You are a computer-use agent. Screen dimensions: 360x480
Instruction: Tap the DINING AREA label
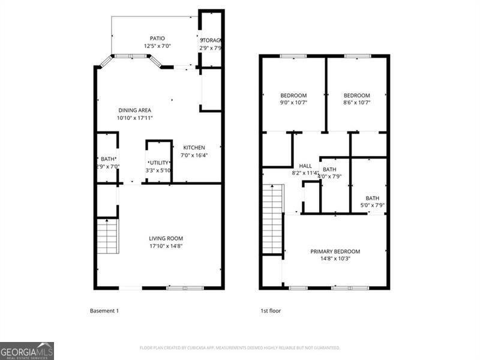click(x=134, y=110)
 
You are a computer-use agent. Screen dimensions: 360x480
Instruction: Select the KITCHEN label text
click(x=194, y=148)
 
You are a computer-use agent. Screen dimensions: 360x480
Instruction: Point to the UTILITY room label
click(x=159, y=163)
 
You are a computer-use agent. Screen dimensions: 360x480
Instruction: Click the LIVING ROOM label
click(x=166, y=238)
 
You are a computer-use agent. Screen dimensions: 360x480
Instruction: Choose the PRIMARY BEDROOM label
click(x=335, y=251)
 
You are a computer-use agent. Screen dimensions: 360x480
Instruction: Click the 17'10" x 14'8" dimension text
click(x=166, y=245)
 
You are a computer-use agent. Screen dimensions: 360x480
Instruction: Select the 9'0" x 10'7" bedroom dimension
click(x=293, y=103)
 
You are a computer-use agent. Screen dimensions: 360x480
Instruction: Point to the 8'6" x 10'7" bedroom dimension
click(x=356, y=103)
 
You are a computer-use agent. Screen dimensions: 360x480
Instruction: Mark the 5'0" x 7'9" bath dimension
click(x=372, y=206)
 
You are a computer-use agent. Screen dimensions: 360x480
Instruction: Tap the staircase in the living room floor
click(x=108, y=236)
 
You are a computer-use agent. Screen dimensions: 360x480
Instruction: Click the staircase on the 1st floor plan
click(x=272, y=219)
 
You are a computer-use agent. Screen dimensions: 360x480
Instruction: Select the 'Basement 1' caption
click(x=105, y=311)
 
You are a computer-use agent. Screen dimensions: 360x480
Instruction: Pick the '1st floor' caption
click(x=271, y=311)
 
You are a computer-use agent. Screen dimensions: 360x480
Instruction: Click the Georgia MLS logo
click(x=27, y=350)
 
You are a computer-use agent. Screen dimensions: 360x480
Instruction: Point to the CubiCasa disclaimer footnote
click(x=240, y=348)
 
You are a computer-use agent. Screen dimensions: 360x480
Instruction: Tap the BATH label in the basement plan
click(x=107, y=159)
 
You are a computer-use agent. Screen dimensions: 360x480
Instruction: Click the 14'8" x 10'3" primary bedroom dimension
click(x=335, y=259)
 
